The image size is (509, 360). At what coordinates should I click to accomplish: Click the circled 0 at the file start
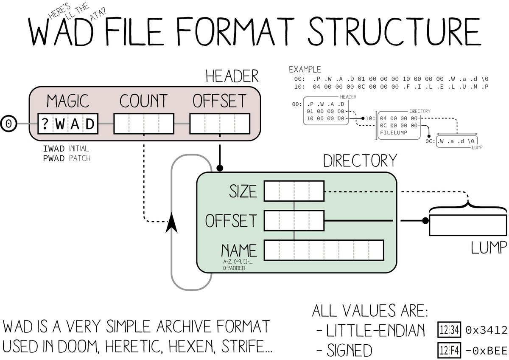(x=8, y=124)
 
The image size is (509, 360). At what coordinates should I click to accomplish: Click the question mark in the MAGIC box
(x=45, y=124)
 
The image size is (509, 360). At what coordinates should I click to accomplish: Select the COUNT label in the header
(x=143, y=101)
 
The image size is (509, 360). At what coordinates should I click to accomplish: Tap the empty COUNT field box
(x=144, y=124)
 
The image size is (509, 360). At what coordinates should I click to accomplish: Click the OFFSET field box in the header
(x=220, y=124)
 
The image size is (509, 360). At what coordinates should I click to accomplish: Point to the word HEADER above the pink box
(x=232, y=76)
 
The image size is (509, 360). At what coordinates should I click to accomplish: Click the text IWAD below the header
(x=54, y=149)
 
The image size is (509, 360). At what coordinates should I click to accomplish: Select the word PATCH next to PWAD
(x=80, y=158)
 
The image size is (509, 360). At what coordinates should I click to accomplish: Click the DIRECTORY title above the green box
(x=360, y=161)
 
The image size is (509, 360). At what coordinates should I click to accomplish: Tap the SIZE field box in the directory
(x=294, y=191)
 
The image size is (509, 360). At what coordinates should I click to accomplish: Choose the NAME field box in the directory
(x=324, y=250)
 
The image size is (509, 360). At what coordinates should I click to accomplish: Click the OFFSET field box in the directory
(x=294, y=221)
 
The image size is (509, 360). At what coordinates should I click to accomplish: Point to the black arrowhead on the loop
(x=171, y=224)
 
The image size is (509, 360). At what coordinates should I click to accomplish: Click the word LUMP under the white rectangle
(x=489, y=247)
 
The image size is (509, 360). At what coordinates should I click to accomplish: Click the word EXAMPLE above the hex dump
(x=305, y=69)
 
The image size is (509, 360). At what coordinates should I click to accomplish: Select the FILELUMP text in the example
(x=394, y=132)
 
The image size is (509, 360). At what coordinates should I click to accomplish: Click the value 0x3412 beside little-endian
(x=486, y=330)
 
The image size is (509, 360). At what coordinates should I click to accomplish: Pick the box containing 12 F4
(x=449, y=350)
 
